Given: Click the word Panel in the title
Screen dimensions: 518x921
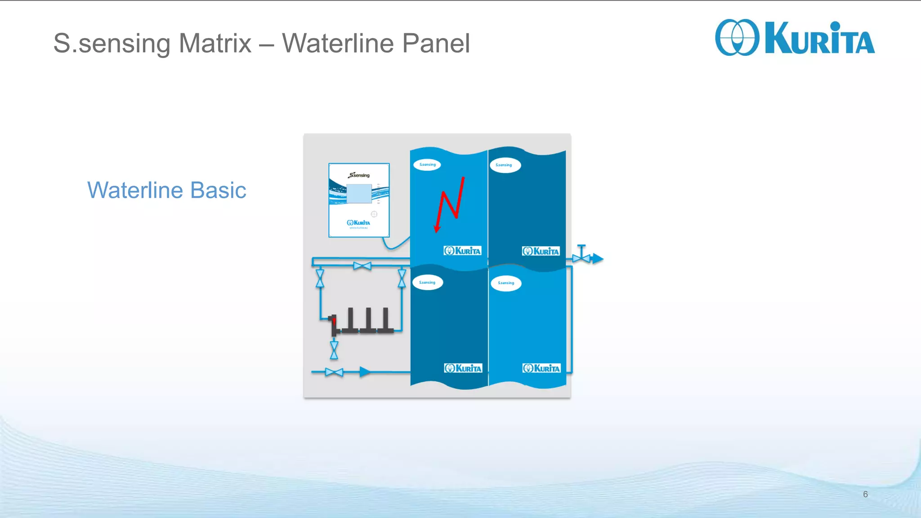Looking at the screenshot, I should [435, 44].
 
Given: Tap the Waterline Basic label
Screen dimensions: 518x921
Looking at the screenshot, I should [166, 190].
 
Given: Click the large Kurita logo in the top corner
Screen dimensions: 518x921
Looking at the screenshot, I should [794, 38].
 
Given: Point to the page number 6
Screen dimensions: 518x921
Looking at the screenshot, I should [865, 494].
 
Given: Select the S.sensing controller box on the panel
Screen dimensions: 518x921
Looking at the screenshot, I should [359, 200].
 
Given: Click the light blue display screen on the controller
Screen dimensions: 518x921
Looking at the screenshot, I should [359, 194].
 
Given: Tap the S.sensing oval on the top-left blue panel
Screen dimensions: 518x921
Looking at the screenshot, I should [427, 165].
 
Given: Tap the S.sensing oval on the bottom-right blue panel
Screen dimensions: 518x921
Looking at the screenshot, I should [506, 283].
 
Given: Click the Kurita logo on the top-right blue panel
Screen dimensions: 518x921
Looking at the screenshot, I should [541, 251].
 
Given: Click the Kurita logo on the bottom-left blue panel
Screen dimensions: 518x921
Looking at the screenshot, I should [463, 368].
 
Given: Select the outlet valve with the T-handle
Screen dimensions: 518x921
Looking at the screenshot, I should [581, 255].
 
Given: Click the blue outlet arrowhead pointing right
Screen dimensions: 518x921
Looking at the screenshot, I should [598, 259].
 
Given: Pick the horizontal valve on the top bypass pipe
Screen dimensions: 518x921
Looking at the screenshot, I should [362, 266].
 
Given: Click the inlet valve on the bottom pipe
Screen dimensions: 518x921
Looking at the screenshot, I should [334, 372].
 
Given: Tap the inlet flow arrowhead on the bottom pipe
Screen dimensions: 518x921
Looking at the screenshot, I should [365, 372].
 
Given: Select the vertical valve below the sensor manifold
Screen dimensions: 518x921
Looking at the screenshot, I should [334, 350].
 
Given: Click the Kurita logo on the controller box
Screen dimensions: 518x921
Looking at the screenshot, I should [358, 223].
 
